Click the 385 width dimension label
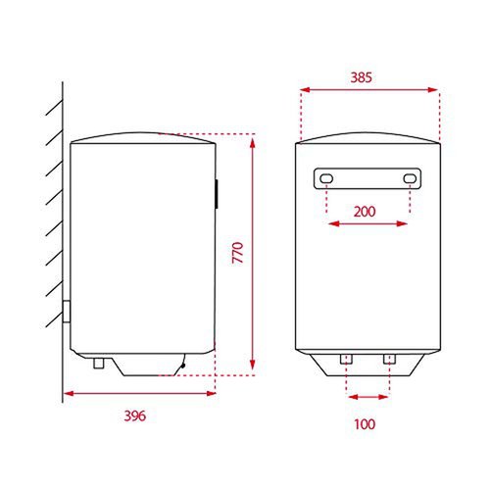[361, 77]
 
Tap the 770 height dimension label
[238, 253]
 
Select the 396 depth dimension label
[134, 416]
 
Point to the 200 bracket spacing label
[365, 212]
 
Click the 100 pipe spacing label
[365, 424]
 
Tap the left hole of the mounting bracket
[326, 178]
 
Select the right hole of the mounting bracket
[410, 178]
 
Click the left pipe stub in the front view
[346, 359]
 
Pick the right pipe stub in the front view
[389, 359]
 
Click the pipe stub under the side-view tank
[99, 363]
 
